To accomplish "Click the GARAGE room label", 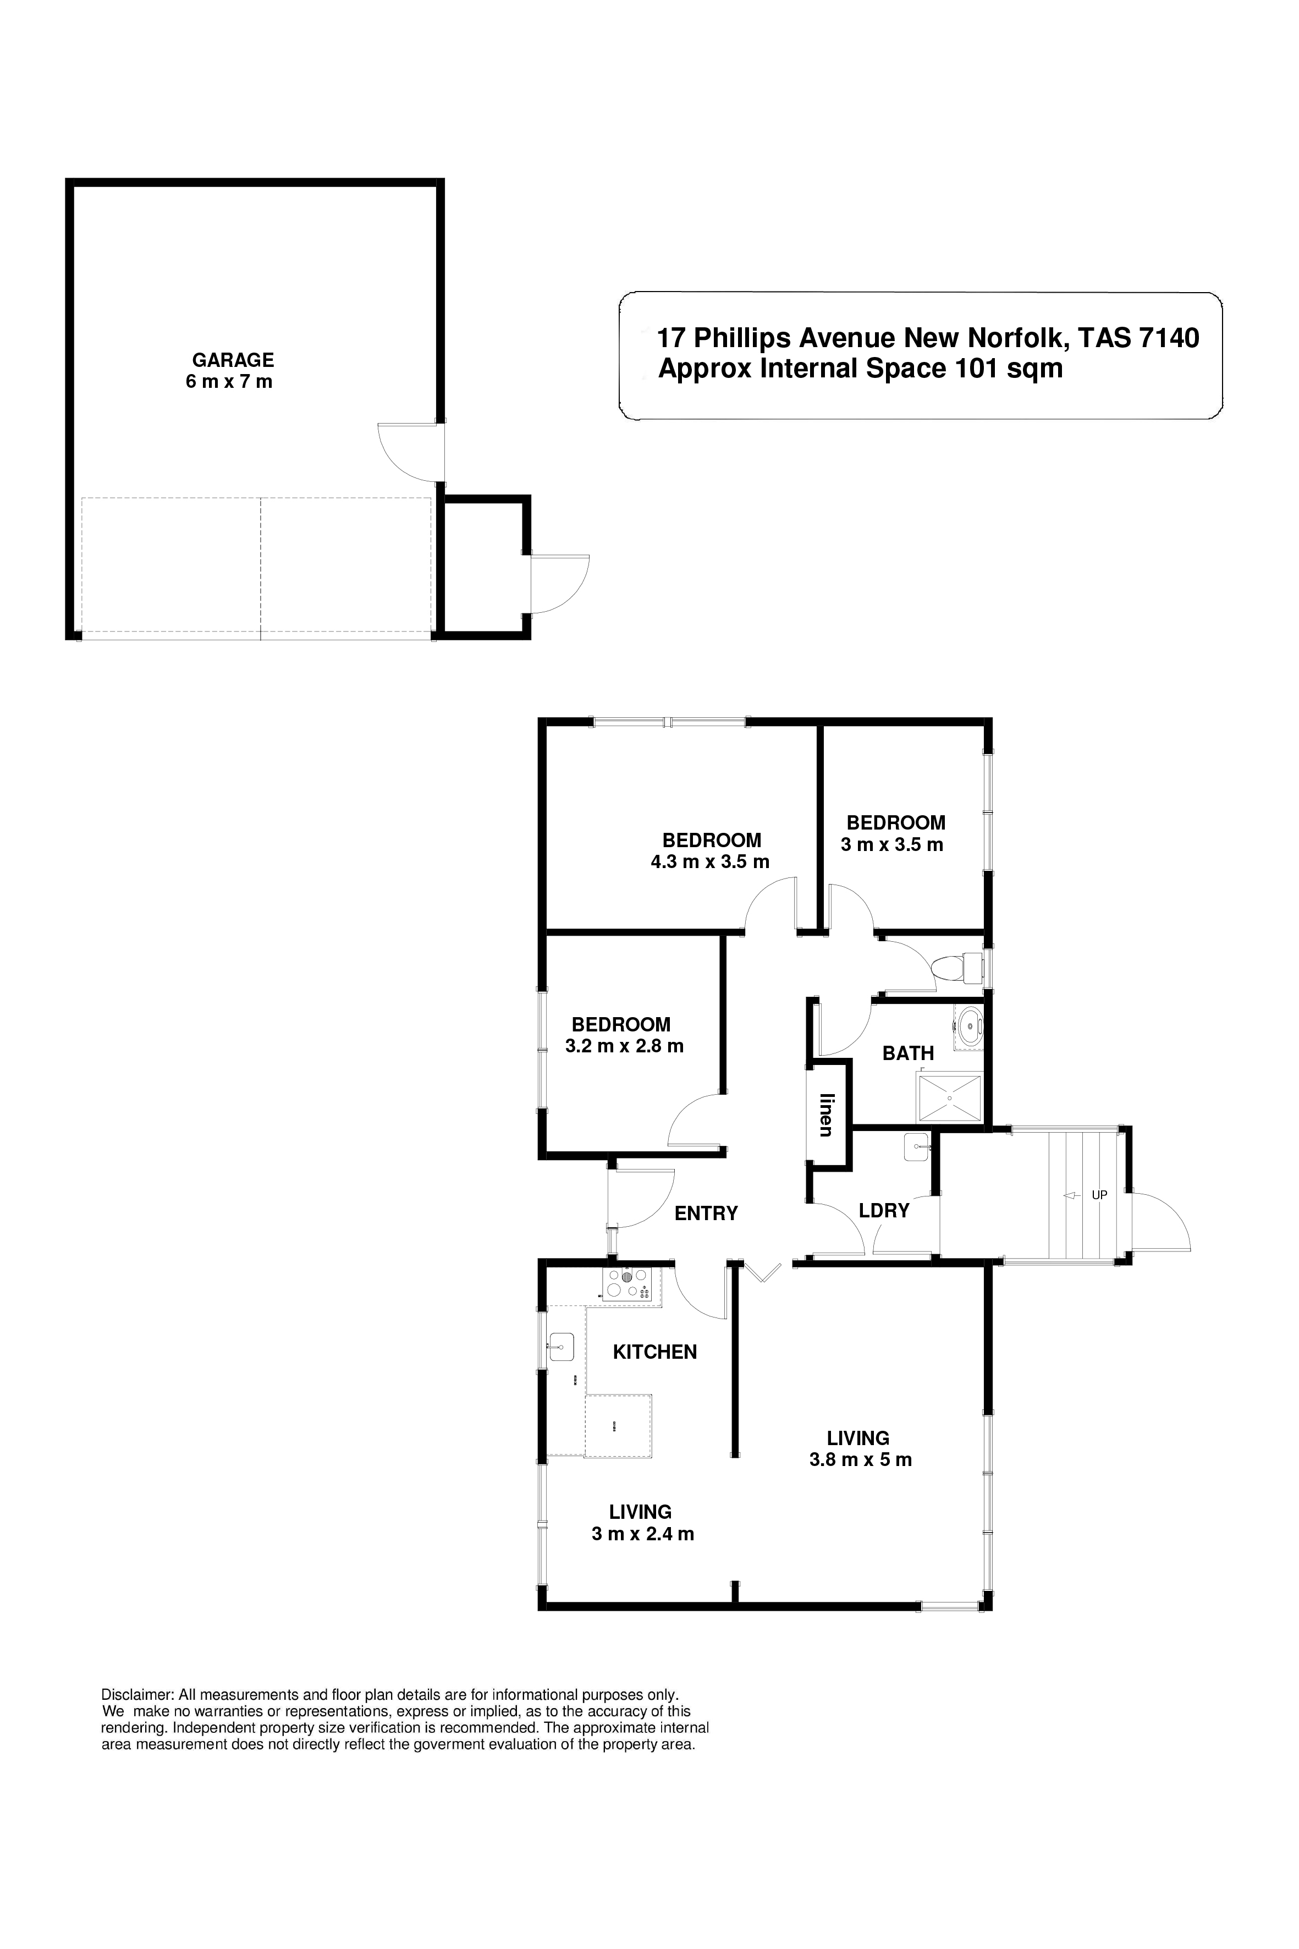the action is pyautogui.click(x=233, y=360).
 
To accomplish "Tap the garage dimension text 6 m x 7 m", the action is pyautogui.click(x=229, y=382).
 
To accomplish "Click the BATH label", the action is pyautogui.click(x=908, y=1053).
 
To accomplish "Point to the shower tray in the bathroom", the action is pyautogui.click(x=949, y=1098).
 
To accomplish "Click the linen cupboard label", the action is pyautogui.click(x=826, y=1115).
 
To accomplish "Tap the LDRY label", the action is pyautogui.click(x=884, y=1211).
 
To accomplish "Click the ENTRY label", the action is pyautogui.click(x=706, y=1214).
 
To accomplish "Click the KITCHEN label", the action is pyautogui.click(x=654, y=1352).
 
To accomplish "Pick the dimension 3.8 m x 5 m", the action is pyautogui.click(x=860, y=1460).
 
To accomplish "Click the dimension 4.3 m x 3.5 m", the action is pyautogui.click(x=710, y=862).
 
